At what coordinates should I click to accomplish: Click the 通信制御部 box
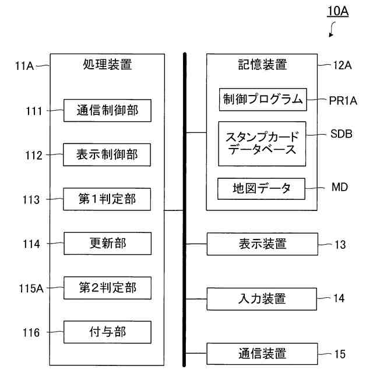tap(107, 110)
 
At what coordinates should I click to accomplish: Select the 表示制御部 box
tap(107, 154)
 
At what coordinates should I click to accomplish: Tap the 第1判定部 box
tap(107, 199)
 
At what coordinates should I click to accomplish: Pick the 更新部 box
tap(107, 244)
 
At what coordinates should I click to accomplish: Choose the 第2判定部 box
tap(107, 288)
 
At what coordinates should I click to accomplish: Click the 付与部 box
tap(107, 332)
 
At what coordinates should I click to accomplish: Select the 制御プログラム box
tap(262, 100)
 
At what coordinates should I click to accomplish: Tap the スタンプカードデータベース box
tap(262, 143)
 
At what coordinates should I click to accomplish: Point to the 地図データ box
tap(262, 189)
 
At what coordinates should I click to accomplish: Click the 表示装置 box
tap(262, 244)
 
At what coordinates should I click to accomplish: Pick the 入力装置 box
tap(262, 299)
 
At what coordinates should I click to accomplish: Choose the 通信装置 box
tap(262, 353)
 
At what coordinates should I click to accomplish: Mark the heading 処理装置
tap(107, 65)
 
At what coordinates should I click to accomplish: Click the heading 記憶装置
tap(262, 65)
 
